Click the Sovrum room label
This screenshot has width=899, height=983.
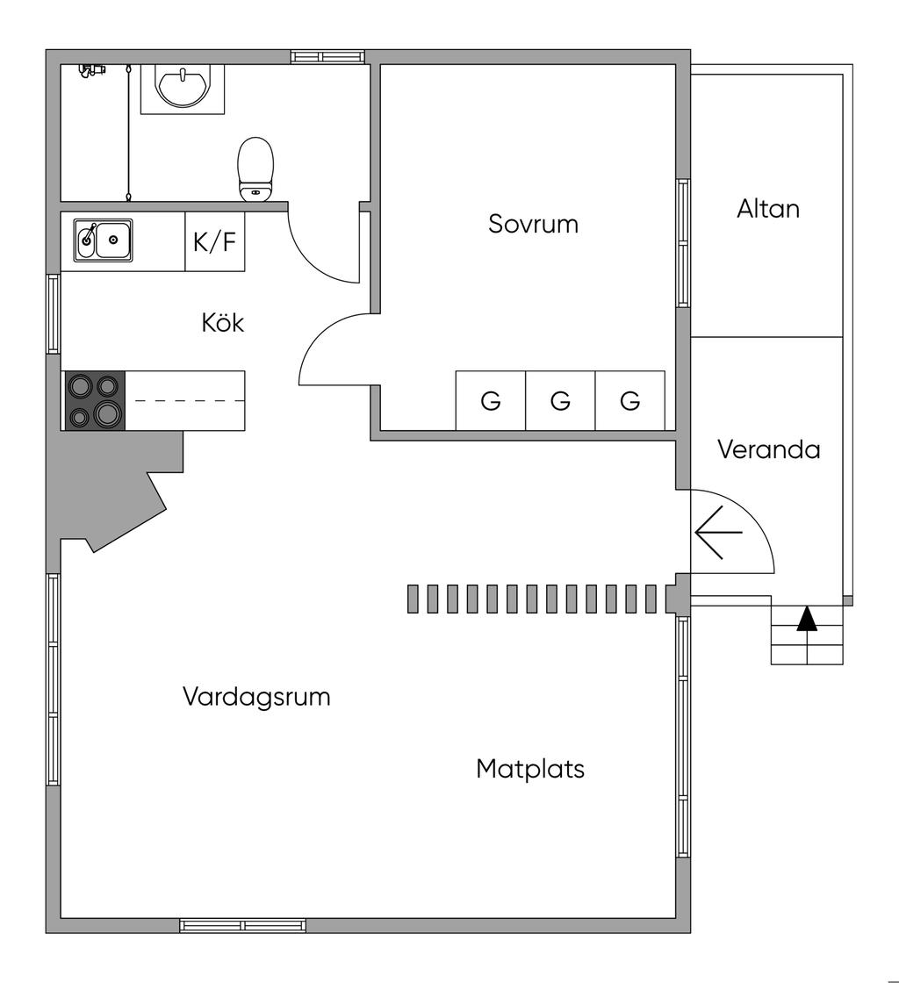tap(533, 224)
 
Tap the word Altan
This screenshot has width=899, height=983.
tap(768, 209)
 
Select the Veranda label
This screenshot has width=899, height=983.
tap(768, 449)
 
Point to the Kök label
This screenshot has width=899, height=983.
tap(223, 323)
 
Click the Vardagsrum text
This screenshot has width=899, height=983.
tap(256, 697)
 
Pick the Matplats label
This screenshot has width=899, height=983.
tap(530, 769)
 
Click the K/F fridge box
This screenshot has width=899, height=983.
tap(215, 241)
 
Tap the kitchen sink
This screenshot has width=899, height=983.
tap(104, 240)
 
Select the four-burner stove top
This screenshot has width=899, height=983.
tap(95, 400)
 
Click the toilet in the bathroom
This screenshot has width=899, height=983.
tap(255, 169)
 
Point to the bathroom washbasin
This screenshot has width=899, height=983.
tap(183, 86)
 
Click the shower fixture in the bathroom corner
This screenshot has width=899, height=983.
tap(90, 69)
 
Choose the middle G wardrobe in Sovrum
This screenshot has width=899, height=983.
tap(560, 401)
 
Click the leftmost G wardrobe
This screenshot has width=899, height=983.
tap(491, 401)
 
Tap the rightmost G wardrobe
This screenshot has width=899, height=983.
tap(629, 401)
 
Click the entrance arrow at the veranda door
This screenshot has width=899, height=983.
tap(718, 532)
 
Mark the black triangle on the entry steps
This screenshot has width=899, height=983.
tap(807, 619)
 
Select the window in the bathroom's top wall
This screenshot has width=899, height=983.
tap(327, 56)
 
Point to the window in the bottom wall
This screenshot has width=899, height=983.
tap(243, 925)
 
